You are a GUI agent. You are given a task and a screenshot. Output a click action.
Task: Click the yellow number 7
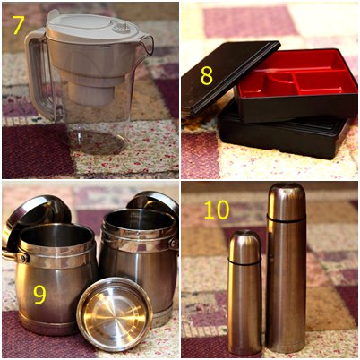(18, 25)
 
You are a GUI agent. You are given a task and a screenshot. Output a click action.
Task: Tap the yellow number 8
(207, 76)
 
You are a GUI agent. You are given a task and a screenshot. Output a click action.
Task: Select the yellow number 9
(39, 295)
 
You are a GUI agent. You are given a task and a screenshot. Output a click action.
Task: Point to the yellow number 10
(217, 210)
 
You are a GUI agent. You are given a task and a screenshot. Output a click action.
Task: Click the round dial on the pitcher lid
(121, 28)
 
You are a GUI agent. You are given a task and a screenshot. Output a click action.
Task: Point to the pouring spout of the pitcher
(147, 45)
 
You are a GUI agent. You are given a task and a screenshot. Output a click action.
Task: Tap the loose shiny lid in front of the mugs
(115, 314)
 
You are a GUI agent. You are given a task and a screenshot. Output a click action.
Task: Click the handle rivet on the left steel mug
(23, 257)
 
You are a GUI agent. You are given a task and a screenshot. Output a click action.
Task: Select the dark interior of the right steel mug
(138, 220)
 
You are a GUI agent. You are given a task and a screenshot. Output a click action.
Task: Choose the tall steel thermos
(286, 267)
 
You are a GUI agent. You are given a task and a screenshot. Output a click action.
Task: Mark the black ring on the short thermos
(244, 262)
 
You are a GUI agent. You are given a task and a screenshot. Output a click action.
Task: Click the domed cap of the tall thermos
(286, 200)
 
